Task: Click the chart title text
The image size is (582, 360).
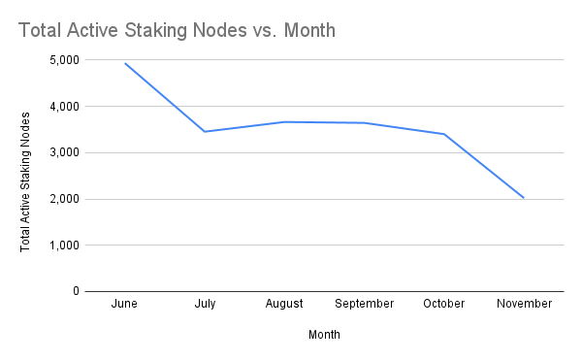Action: [x=177, y=31]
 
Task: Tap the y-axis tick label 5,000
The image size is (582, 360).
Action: [x=63, y=60]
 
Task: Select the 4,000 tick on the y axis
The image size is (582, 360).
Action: [x=63, y=107]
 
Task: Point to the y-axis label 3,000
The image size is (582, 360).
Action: [x=63, y=153]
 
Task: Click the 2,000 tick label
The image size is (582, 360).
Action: [x=63, y=200]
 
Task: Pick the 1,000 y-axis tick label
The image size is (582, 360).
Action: [x=63, y=245]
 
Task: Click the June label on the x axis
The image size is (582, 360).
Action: [x=124, y=304]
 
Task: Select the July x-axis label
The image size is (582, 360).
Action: [x=204, y=304]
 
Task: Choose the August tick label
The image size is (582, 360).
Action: [x=284, y=304]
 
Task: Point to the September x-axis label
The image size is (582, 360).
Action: [x=365, y=304]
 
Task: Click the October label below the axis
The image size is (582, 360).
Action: [x=444, y=304]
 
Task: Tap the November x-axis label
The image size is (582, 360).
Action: [x=524, y=304]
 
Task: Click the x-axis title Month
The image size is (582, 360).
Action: [x=324, y=335]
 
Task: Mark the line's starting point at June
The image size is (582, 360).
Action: [x=124, y=63]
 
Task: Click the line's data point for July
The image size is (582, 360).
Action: [x=204, y=131]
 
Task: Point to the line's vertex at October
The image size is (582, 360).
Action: [x=444, y=134]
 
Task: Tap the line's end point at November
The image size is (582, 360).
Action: [x=524, y=198]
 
